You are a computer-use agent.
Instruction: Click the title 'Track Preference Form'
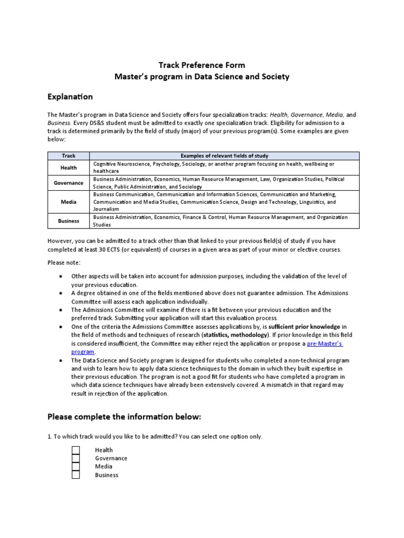coord(202,65)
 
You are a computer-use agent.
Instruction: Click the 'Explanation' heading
coord(70,97)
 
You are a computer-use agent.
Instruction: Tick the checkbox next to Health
coord(76,450)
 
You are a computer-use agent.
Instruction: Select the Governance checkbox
coord(76,458)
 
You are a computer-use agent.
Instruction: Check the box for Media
coord(76,467)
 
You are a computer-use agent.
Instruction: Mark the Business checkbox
coord(76,475)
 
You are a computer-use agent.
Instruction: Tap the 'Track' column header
coord(68,156)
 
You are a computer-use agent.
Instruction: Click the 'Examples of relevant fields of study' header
coord(224,156)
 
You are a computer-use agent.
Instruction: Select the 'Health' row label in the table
coord(68,168)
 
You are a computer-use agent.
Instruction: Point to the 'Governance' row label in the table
coord(68,183)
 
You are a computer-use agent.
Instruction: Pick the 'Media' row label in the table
coord(68,202)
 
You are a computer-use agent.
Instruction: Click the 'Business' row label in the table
coord(68,221)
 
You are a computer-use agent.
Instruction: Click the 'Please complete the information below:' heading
coord(124,417)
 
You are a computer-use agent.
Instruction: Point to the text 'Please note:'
coord(64,262)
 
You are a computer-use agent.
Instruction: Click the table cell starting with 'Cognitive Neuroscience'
coord(224,168)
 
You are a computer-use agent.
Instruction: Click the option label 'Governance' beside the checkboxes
coord(111,458)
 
